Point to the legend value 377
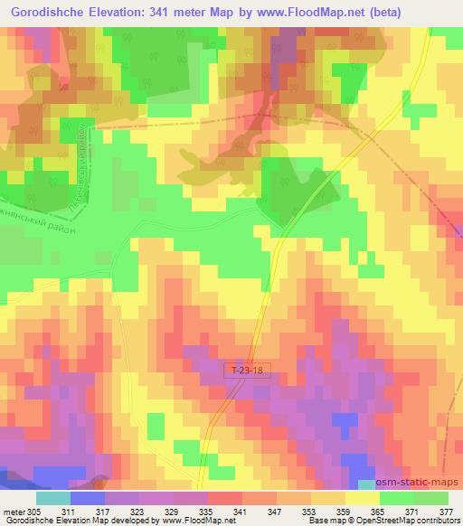pyautogui.click(x=439, y=511)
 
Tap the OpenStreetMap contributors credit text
pyautogui.click(x=404, y=521)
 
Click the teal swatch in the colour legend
pyautogui.click(x=52, y=498)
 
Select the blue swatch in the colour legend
pyautogui.click(x=87, y=498)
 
